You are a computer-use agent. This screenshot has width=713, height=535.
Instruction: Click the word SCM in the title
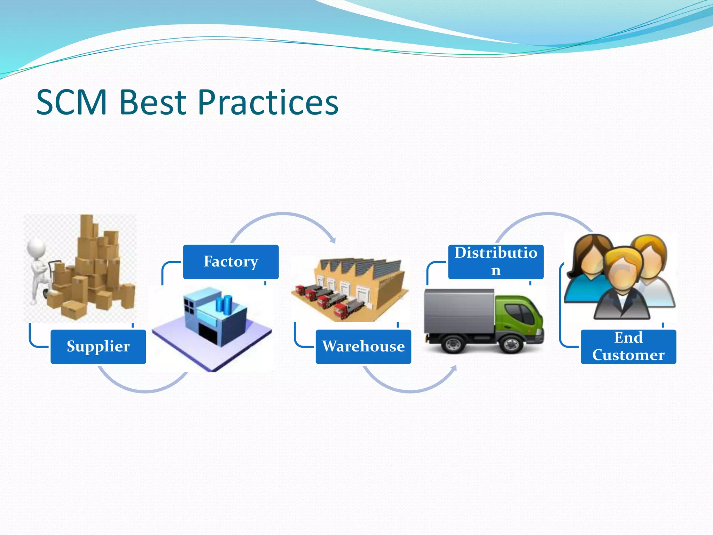[72, 103]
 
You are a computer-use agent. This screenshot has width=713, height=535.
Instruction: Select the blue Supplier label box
[98, 347]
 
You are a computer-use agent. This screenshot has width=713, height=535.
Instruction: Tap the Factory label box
[231, 262]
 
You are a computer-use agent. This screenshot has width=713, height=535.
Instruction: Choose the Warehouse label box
[363, 347]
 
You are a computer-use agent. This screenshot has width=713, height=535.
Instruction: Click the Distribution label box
[496, 262]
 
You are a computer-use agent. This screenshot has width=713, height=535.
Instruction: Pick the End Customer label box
[628, 347]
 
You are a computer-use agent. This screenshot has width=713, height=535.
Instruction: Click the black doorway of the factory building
[208, 333]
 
